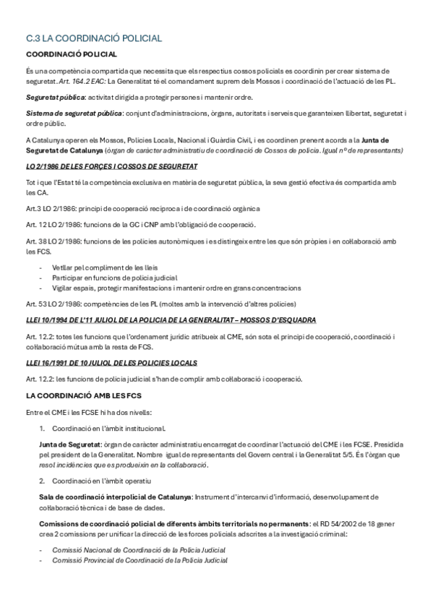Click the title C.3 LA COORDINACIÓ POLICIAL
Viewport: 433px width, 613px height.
click(93, 38)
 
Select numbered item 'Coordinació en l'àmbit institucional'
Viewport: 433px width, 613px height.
click(108, 428)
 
